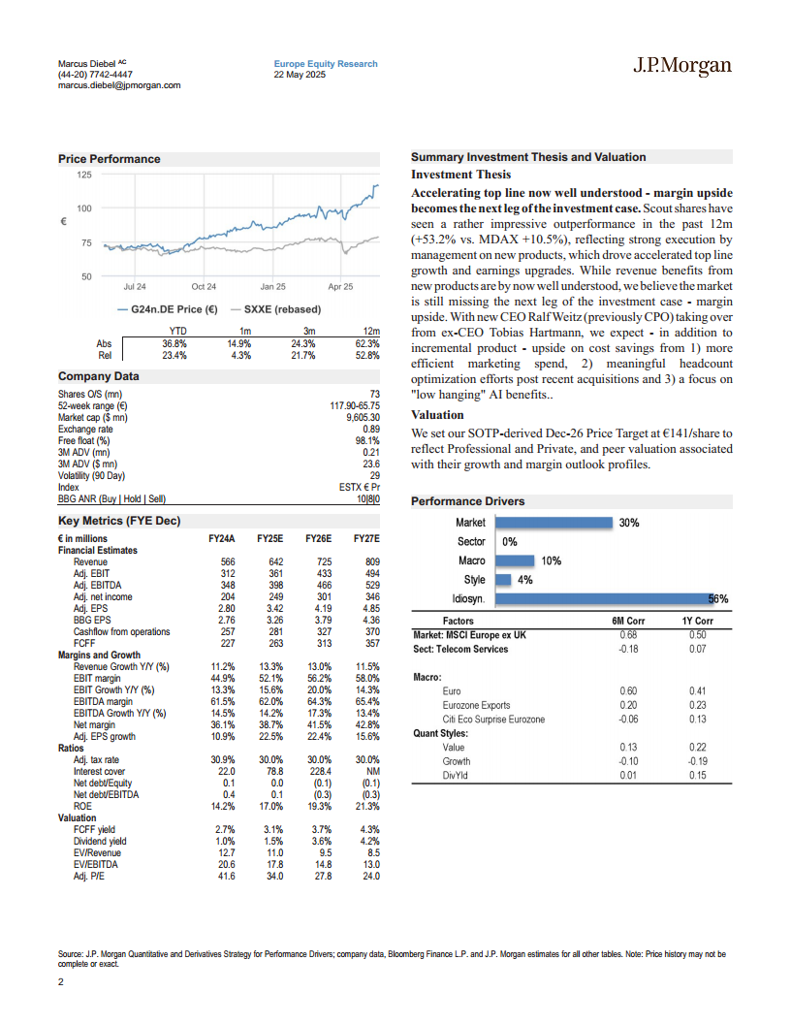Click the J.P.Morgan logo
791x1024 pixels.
tap(681, 66)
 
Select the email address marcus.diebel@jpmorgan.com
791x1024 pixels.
tap(119, 85)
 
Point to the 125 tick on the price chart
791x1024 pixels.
tap(84, 175)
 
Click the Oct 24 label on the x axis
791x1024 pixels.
tap(204, 287)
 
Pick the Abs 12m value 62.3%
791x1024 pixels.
tap(365, 344)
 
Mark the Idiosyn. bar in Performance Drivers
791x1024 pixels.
tap(611, 599)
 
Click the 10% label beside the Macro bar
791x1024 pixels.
tap(551, 560)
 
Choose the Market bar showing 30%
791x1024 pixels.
tap(554, 523)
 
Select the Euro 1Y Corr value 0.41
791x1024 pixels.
tap(698, 690)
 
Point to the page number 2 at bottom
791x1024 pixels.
tap(61, 983)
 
